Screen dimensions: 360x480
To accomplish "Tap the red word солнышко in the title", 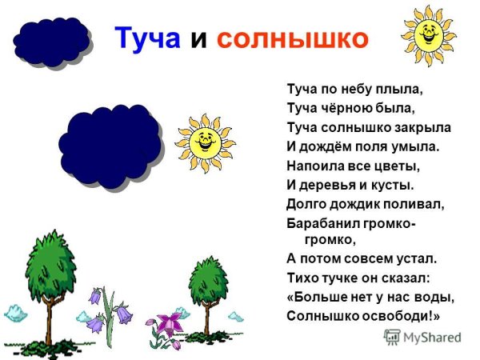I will [x=292, y=38].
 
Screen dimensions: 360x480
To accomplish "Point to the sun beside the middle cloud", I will [x=205, y=142].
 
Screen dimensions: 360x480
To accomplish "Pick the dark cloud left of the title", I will [x=50, y=41].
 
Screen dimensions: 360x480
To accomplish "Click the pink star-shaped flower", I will [x=168, y=324].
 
